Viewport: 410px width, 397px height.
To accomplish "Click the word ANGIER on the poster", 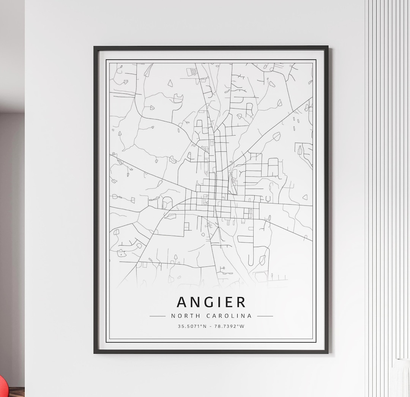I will pos(211,302).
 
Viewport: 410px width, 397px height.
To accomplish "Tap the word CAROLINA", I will pos(229,316).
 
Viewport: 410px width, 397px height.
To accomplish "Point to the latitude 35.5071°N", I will pos(192,326).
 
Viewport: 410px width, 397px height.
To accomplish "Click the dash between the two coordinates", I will pos(211,326).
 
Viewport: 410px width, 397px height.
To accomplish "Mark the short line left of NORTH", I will pos(158,316).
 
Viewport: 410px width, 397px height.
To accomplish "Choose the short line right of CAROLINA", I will pos(265,316).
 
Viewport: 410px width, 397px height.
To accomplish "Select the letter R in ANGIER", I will pos(241,302).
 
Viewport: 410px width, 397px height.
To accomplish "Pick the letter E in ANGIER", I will pos(229,302).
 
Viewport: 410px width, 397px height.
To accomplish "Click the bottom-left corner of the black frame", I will pos(95,353).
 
